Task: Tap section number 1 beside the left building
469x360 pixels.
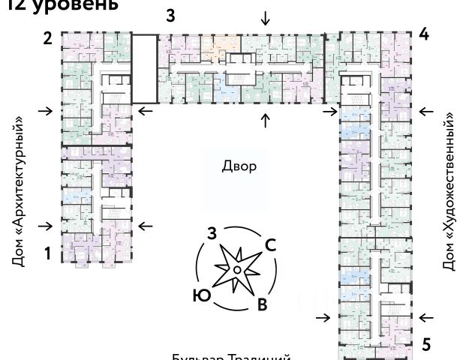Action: (47, 254)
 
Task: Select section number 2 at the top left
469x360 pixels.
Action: (47, 38)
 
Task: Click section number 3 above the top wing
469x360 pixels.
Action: (170, 16)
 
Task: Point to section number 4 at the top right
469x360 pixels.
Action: (424, 34)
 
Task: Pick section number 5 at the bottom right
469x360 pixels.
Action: (426, 345)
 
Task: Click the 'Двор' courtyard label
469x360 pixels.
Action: (239, 166)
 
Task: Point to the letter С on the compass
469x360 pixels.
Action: (272, 244)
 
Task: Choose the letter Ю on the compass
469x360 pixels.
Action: (200, 295)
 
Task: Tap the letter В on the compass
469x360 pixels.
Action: (262, 304)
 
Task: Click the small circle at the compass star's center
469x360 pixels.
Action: (236, 268)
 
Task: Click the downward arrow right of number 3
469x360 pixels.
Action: (265, 18)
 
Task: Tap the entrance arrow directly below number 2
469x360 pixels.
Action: (47, 112)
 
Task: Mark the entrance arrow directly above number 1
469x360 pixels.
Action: (47, 226)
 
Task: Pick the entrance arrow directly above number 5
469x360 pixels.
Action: (426, 317)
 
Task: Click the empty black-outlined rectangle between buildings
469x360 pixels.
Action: (145, 68)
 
